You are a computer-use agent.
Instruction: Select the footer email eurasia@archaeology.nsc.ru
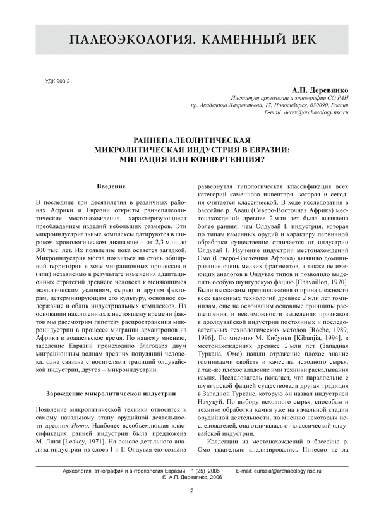287,471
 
